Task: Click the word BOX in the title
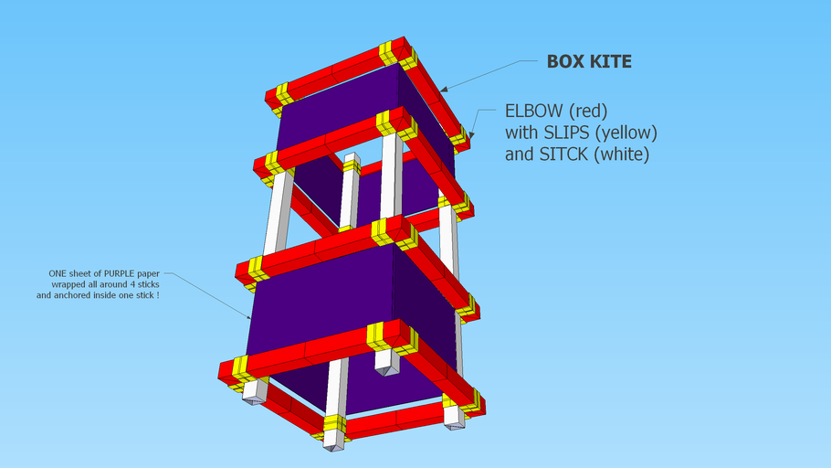(566, 62)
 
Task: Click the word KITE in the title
(611, 62)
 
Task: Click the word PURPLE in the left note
(119, 273)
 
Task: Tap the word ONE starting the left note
(58, 273)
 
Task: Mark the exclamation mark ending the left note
(158, 295)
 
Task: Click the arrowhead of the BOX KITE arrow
(441, 90)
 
